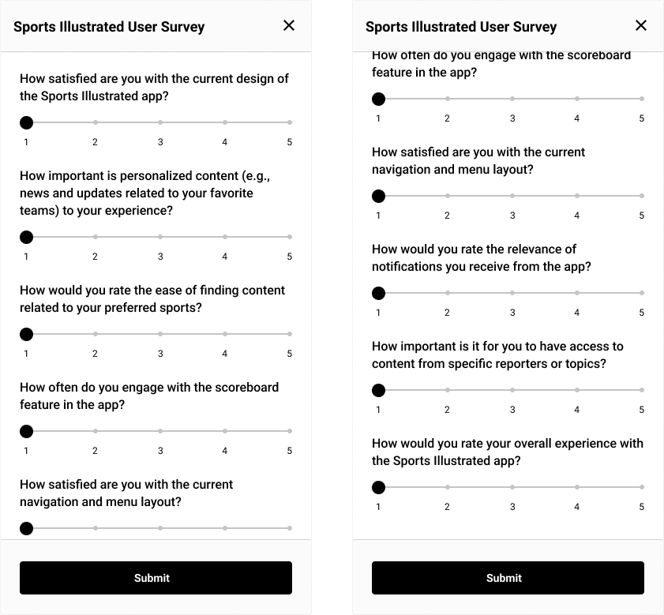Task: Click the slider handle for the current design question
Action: [26, 122]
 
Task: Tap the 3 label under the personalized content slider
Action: [160, 257]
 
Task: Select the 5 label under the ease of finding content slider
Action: [290, 354]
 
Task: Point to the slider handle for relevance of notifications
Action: [378, 293]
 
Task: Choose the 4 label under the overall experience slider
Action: [577, 507]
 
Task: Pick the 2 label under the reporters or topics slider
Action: [447, 410]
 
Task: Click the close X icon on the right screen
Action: [641, 25]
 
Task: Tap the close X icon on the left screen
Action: [289, 25]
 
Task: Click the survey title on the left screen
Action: [109, 27]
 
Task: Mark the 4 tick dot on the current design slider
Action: [225, 122]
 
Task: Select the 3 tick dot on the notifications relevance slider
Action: [512, 293]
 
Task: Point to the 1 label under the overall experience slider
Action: [378, 507]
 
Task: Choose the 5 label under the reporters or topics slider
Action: [642, 410]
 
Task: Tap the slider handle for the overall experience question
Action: [378, 487]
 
